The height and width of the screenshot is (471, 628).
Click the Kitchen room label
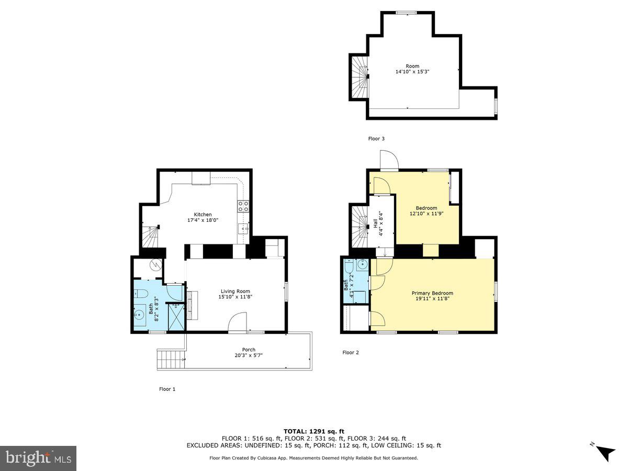pyautogui.click(x=203, y=215)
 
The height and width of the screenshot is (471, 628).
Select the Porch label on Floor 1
pyautogui.click(x=249, y=350)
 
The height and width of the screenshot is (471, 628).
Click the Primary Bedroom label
pyautogui.click(x=432, y=293)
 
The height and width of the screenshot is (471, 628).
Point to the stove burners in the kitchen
pyautogui.click(x=243, y=206)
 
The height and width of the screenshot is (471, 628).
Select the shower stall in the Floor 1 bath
pyautogui.click(x=176, y=317)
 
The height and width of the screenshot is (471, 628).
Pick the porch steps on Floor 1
pyautogui.click(x=170, y=360)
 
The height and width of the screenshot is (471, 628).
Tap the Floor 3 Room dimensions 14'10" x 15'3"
pyautogui.click(x=412, y=72)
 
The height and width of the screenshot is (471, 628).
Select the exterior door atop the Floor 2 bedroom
pyautogui.click(x=389, y=160)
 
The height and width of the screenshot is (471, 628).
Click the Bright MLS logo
pyautogui.click(x=38, y=458)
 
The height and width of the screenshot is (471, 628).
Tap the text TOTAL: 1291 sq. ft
pyautogui.click(x=313, y=431)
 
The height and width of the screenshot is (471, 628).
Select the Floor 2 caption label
pyautogui.click(x=351, y=353)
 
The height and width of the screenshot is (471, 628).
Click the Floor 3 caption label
pyautogui.click(x=376, y=139)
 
